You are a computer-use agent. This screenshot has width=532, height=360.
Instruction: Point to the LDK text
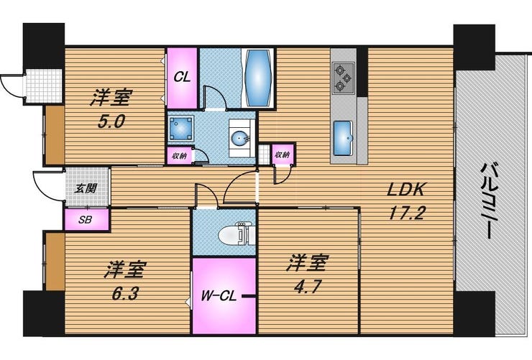(407, 190)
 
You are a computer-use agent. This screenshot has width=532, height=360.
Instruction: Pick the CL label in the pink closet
(182, 78)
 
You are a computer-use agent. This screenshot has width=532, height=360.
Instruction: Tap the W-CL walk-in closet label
(214, 295)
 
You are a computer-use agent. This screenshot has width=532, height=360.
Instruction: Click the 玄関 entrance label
(87, 189)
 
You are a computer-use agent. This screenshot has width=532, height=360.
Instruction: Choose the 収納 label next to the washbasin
(179, 155)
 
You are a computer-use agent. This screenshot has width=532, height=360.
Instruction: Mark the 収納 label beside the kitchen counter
(283, 154)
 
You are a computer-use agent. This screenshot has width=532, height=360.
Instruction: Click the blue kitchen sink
(343, 133)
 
